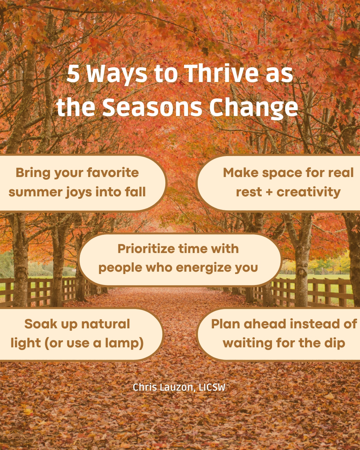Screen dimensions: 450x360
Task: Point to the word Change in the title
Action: (x=253, y=108)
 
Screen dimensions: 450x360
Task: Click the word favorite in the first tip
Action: (x=113, y=173)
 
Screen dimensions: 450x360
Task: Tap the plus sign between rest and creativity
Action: (x=269, y=192)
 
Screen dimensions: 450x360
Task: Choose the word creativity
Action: (x=309, y=192)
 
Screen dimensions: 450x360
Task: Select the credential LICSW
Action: (x=212, y=387)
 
